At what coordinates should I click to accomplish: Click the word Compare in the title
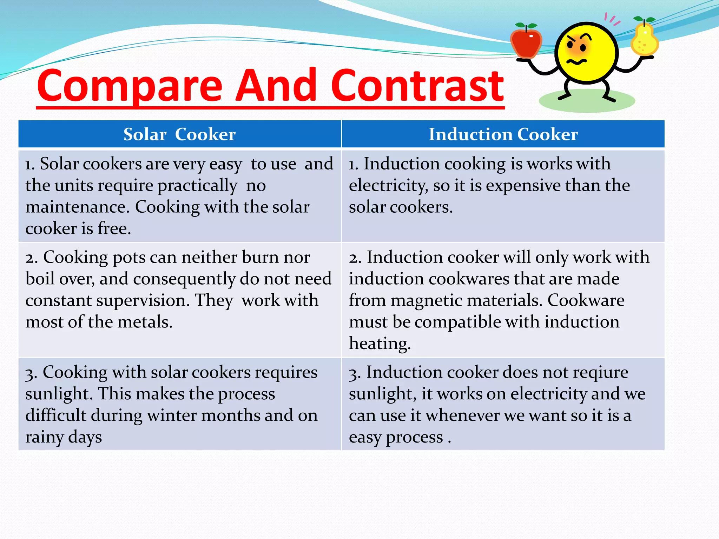click(130, 86)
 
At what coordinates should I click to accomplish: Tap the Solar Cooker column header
click(179, 134)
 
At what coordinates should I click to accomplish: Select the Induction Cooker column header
click(503, 134)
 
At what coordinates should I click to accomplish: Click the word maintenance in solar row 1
click(75, 207)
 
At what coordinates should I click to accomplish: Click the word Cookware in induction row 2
click(586, 301)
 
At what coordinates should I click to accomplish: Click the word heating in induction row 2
click(380, 344)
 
